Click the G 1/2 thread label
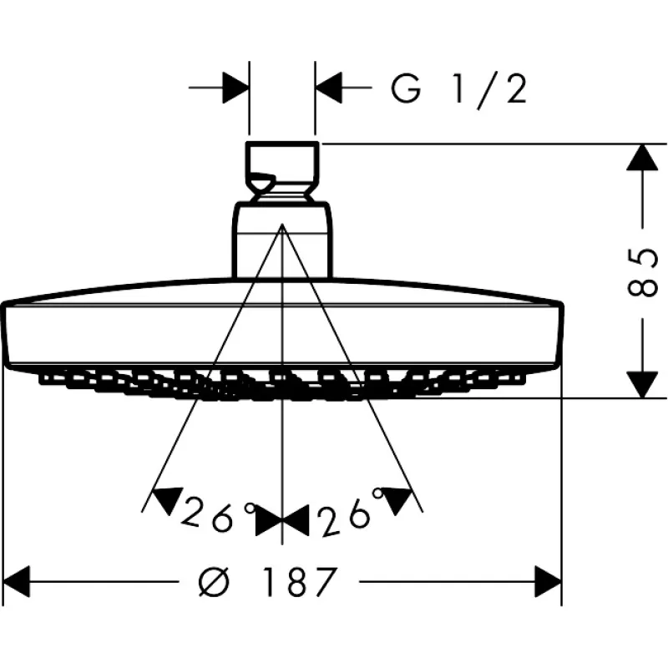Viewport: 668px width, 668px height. (x=459, y=89)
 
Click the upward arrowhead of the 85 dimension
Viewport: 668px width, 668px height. (x=641, y=159)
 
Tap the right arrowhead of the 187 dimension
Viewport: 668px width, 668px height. (x=548, y=579)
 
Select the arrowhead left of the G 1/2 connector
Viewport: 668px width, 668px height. (x=236, y=88)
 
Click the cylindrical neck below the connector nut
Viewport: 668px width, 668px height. (x=282, y=242)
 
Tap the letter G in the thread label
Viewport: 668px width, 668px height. (x=407, y=89)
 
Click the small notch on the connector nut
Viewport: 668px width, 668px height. (x=261, y=178)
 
